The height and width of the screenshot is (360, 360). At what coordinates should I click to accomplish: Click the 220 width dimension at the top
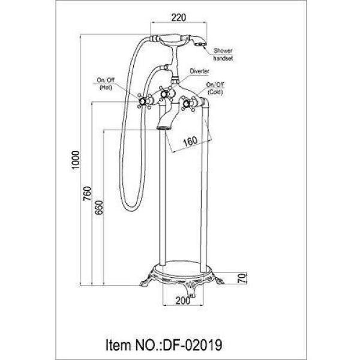click(179, 17)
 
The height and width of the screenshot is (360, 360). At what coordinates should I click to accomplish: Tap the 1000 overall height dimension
click(76, 160)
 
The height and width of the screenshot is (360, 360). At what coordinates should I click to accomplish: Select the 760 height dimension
click(87, 193)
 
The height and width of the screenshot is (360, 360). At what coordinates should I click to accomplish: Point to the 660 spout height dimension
click(100, 208)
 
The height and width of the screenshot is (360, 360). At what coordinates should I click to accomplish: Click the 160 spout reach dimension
click(190, 141)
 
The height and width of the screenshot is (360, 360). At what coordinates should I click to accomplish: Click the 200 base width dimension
click(183, 301)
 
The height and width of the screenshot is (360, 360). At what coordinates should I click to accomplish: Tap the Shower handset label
click(223, 55)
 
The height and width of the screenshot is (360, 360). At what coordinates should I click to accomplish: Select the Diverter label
click(199, 71)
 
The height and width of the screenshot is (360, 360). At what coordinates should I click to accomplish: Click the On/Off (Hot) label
click(106, 84)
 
